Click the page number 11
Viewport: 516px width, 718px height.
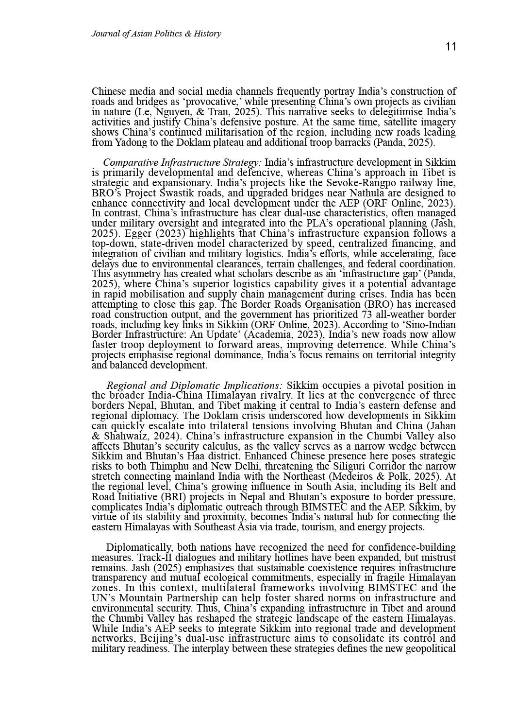450,47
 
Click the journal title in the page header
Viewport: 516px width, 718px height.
156,34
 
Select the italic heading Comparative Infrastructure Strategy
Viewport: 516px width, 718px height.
182,162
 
